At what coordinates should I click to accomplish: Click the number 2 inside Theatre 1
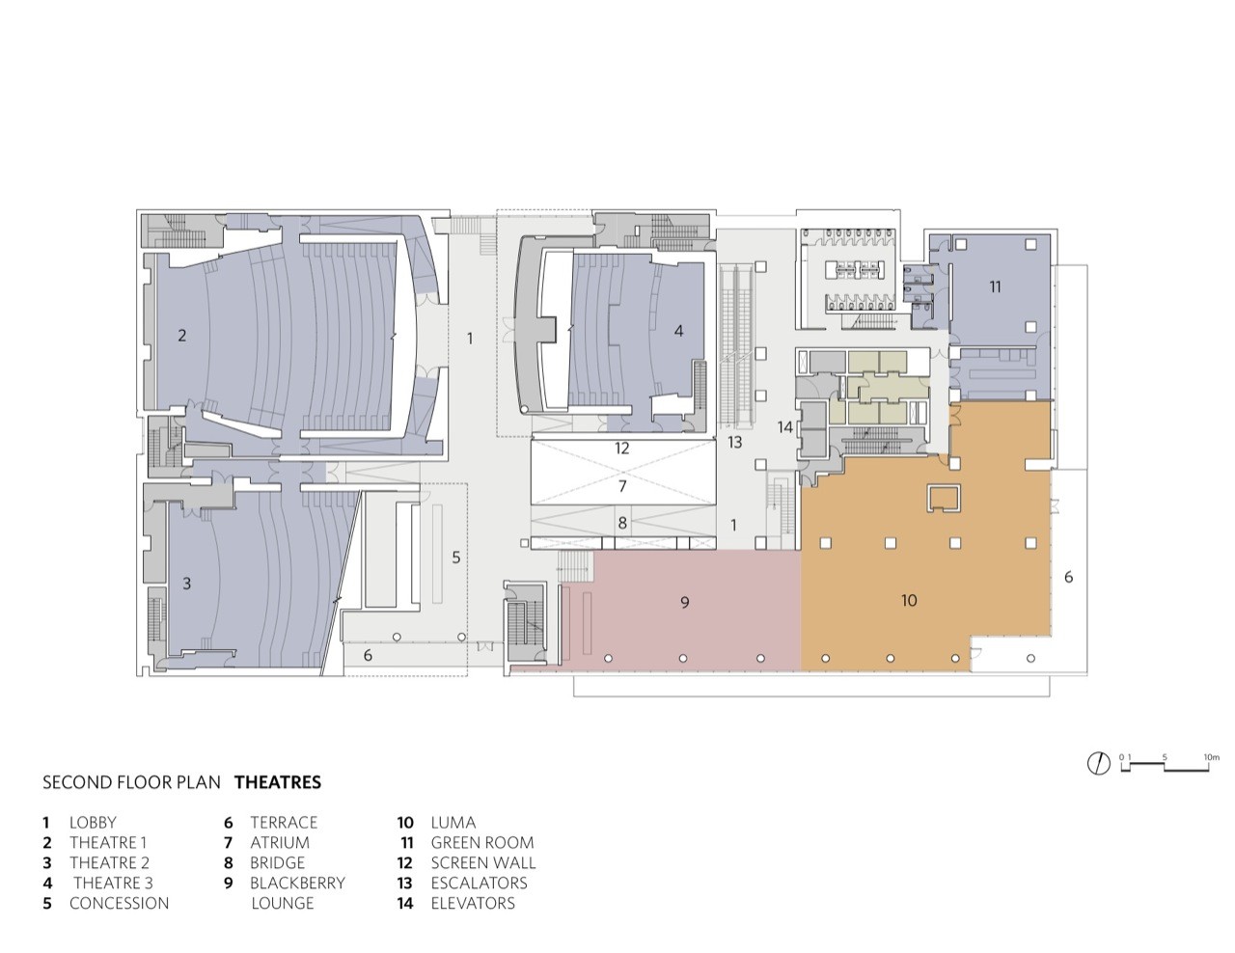tap(181, 336)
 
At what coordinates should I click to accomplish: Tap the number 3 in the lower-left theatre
tap(186, 584)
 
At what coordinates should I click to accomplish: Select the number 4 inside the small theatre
tap(678, 330)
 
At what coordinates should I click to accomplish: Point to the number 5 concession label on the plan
tap(456, 557)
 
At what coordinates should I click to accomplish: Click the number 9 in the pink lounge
tap(684, 602)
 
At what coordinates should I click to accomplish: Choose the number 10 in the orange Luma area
tap(908, 600)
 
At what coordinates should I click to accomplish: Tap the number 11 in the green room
tap(994, 286)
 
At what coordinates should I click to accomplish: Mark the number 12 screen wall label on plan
tap(621, 448)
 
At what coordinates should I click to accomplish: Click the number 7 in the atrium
tap(622, 486)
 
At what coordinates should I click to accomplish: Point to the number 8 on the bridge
tap(622, 523)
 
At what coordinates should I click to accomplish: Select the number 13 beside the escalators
tap(734, 442)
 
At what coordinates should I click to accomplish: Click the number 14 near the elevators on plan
tap(785, 426)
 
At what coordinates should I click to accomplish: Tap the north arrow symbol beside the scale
tap(1097, 764)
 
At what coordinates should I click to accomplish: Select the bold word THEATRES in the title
tap(278, 782)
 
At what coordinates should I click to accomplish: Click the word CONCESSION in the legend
tap(119, 903)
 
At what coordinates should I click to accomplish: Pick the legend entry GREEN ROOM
tap(481, 842)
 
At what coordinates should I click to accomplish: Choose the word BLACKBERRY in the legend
tap(297, 883)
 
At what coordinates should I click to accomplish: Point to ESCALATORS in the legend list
tap(479, 883)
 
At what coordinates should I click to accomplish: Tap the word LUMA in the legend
tap(453, 822)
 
